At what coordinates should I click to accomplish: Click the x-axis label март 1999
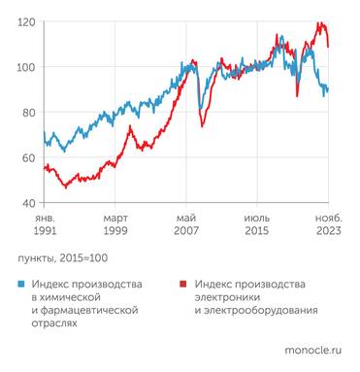(x=116, y=225)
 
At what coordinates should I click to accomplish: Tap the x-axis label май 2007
(x=188, y=225)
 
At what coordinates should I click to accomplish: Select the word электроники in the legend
(x=226, y=297)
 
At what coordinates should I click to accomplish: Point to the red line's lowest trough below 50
(x=64, y=186)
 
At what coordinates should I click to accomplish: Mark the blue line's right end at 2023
(x=328, y=88)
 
